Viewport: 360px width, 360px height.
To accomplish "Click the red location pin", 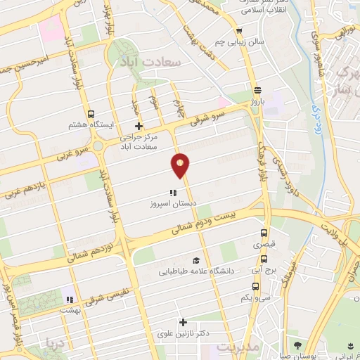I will [x=181, y=165].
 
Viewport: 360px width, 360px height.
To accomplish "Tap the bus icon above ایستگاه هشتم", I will [x=90, y=114].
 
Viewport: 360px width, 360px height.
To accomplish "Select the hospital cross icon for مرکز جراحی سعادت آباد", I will [x=139, y=127].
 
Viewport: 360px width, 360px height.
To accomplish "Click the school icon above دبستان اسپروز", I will [x=172, y=192].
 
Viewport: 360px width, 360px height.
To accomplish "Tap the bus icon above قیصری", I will [x=264, y=233].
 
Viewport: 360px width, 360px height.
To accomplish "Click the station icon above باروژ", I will [x=257, y=89].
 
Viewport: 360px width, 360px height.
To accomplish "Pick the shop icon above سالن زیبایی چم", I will [x=240, y=31].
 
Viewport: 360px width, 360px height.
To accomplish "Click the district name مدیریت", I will [x=238, y=347].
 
